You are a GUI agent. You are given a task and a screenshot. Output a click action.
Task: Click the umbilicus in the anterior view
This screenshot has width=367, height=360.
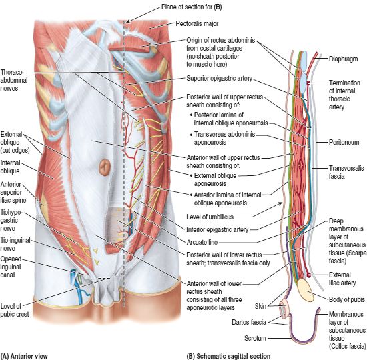coord(105,167)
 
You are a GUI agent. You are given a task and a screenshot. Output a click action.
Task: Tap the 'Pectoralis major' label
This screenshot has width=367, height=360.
coord(197,23)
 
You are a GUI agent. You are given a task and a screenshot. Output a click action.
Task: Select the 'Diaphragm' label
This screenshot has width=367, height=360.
coord(344,59)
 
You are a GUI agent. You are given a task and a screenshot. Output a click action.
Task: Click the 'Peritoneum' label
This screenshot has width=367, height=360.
coord(344,142)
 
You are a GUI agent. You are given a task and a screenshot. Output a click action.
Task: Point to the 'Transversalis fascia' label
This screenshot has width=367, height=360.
coord(346,172)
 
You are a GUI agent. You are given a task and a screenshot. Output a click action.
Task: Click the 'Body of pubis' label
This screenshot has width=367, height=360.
coord(346,299)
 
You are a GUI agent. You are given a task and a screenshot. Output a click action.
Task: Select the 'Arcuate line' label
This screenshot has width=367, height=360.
coord(202,242)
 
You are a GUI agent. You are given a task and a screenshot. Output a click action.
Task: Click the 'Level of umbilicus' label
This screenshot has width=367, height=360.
coord(210,217)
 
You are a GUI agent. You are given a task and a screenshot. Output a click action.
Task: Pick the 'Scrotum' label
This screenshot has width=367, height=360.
coord(255,338)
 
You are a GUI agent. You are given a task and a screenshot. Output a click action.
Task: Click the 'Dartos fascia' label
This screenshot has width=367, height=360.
coord(249,323)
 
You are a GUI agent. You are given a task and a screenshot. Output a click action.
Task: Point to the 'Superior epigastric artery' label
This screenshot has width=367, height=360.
coord(219,79)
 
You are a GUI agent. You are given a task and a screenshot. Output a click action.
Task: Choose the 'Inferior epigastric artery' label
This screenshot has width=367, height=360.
coord(218,229)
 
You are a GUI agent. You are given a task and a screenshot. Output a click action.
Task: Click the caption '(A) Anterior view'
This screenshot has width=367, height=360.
coord(24,356)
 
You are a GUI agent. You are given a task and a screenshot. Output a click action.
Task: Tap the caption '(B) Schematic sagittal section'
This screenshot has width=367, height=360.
coord(228,356)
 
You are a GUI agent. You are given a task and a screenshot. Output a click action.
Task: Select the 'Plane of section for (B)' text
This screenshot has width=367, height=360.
coord(192,7)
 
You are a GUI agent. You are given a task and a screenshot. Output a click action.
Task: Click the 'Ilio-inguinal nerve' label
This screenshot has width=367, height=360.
coord(15,244)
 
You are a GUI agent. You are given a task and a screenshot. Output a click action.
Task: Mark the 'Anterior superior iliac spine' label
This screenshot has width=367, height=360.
coord(13,192)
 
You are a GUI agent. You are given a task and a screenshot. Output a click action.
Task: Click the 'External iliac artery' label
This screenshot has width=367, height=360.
coord(342,279)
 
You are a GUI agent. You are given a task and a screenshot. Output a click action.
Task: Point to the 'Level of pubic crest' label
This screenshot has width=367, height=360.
coord(15,310)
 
